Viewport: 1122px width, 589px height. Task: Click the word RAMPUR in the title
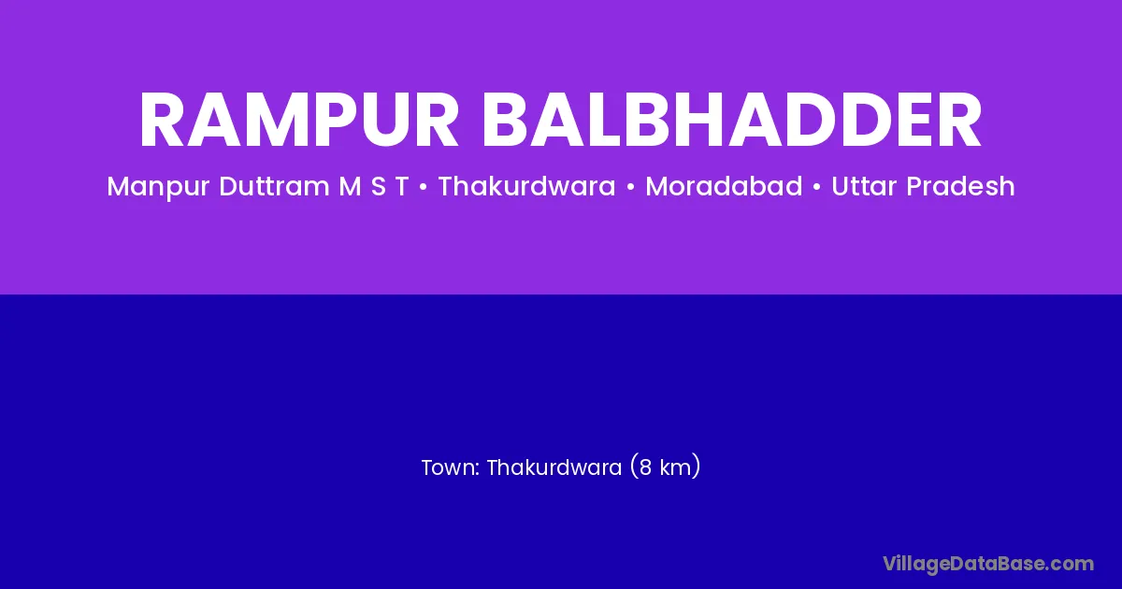pyautogui.click(x=299, y=121)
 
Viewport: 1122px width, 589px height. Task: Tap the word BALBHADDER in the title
pyautogui.click(x=732, y=121)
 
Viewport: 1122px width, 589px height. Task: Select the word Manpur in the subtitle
pyautogui.click(x=158, y=187)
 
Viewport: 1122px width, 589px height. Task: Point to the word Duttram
pyautogui.click(x=275, y=186)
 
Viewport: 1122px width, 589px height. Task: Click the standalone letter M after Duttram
pyautogui.click(x=350, y=186)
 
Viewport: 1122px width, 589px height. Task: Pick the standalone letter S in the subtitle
pyautogui.click(x=379, y=186)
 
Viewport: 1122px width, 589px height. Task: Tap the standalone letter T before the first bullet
pyautogui.click(x=402, y=186)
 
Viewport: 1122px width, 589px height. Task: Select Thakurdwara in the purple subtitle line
pyautogui.click(x=527, y=186)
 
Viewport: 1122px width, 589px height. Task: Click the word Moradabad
pyautogui.click(x=724, y=186)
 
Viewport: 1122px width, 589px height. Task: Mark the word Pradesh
pyautogui.click(x=961, y=186)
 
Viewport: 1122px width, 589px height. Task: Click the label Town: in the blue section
pyautogui.click(x=451, y=467)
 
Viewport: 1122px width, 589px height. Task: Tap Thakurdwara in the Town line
pyautogui.click(x=554, y=467)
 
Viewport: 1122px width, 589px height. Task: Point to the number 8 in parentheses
pyautogui.click(x=645, y=467)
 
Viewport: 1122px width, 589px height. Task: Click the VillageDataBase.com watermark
pyautogui.click(x=988, y=564)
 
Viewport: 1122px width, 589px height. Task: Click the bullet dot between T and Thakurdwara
pyautogui.click(x=424, y=187)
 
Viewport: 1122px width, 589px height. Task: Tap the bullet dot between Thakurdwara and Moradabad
pyautogui.click(x=630, y=187)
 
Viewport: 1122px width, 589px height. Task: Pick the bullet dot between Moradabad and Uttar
pyautogui.click(x=817, y=187)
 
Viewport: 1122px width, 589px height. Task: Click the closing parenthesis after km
pyautogui.click(x=696, y=467)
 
